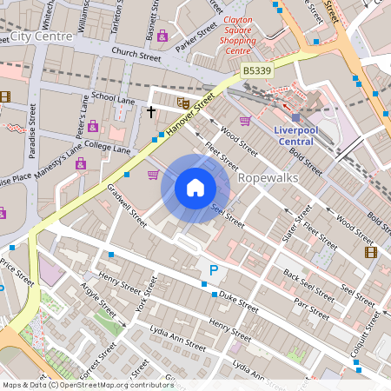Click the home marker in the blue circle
195,188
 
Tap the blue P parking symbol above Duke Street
214,272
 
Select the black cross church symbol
151,111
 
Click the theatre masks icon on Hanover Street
182,103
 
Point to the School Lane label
113,99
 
